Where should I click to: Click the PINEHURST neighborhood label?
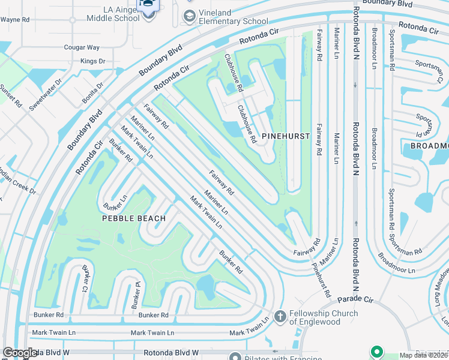pos(286,136)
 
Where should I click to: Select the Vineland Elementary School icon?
pos(190,18)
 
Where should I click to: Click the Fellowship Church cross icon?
pos(280,316)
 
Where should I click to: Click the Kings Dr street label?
pos(92,61)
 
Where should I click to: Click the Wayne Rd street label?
pos(16,20)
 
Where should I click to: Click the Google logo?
pos(20,353)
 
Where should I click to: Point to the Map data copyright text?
pos(424,355)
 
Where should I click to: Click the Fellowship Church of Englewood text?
pos(324,317)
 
